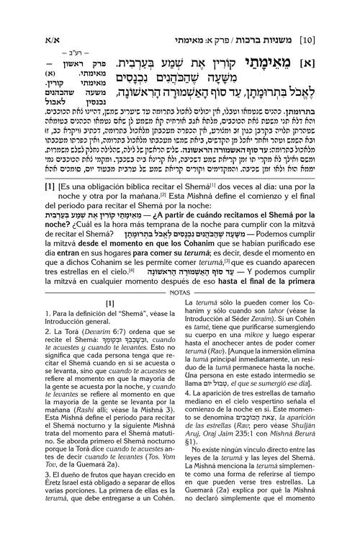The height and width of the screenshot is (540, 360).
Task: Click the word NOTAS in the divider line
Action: [180, 294]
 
